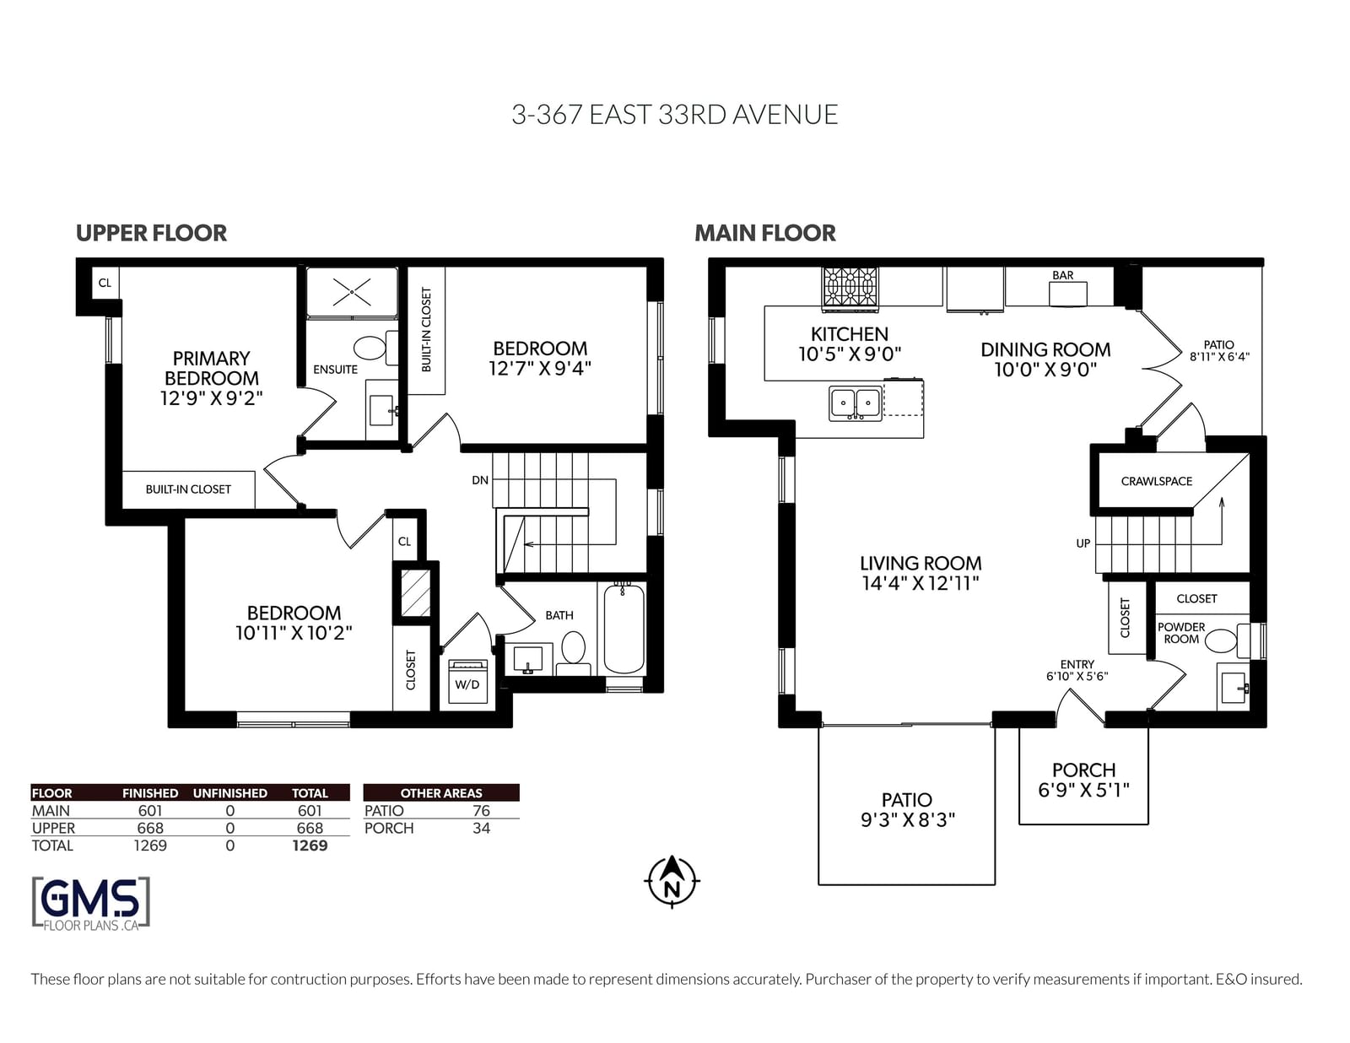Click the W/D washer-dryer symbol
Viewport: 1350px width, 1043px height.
pos(467,681)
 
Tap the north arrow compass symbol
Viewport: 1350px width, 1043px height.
pos(672,882)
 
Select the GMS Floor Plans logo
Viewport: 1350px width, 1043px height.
pos(91,904)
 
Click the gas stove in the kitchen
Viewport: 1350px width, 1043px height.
pos(850,288)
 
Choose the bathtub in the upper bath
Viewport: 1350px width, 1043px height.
pos(624,628)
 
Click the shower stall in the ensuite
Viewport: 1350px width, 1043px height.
pos(352,292)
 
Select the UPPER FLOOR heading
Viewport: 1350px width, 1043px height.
pos(151,233)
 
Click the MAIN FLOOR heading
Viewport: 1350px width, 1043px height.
pos(764,233)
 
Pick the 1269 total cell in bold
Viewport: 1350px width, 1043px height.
pos(310,846)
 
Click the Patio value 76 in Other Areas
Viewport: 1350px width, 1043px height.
pos(481,811)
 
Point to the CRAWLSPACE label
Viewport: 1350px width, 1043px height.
pos(1156,482)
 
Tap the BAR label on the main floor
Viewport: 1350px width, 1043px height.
pos(1063,275)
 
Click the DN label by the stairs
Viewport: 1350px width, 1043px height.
pos(479,480)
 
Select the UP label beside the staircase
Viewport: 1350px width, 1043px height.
pos(1083,543)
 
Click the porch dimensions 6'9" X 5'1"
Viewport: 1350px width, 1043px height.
pos(1083,790)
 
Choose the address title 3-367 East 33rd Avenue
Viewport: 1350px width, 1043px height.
pos(675,115)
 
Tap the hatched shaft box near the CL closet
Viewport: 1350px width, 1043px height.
pos(416,592)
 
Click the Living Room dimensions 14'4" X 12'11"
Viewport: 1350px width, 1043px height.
pos(920,583)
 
